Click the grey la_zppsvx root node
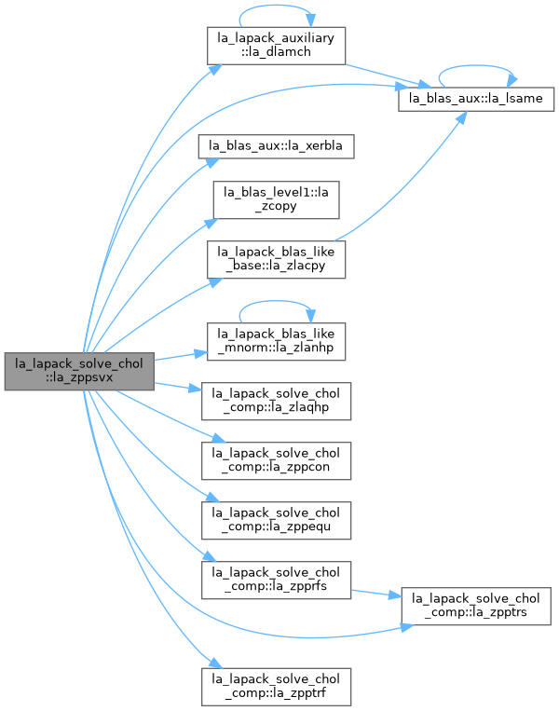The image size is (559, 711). [x=79, y=371]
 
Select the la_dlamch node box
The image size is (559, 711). [x=276, y=46]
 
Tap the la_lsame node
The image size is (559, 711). [x=476, y=99]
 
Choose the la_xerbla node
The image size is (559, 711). [x=276, y=146]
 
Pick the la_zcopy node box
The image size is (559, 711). [x=276, y=200]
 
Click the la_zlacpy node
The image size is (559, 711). [x=276, y=259]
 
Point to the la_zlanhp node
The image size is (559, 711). [x=276, y=341]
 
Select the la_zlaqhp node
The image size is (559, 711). [x=276, y=401]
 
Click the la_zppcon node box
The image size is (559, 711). [x=276, y=460]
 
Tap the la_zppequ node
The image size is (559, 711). [x=276, y=520]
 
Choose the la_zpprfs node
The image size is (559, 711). [x=276, y=580]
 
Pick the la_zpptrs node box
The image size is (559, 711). [x=476, y=607]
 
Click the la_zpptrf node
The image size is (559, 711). [x=276, y=687]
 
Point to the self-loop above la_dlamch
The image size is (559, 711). [x=276, y=6]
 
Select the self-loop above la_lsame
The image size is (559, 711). [x=476, y=66]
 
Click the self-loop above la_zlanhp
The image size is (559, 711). [x=276, y=301]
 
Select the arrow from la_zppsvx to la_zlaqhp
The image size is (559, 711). [x=178, y=387]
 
